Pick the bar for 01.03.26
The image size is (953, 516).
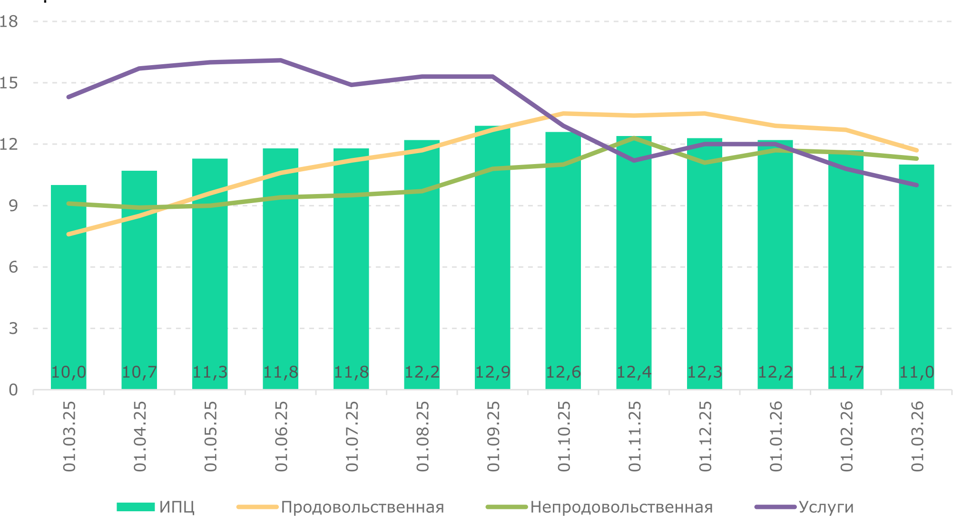click(916, 285)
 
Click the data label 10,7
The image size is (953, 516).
click(139, 372)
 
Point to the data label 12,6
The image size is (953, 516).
click(563, 372)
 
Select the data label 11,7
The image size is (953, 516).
click(846, 372)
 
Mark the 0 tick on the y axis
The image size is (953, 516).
click(13, 390)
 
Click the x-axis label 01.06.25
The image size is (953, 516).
click(281, 437)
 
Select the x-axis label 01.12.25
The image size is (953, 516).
click(705, 437)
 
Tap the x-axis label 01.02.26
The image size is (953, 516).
click(846, 437)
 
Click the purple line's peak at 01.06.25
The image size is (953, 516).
click(281, 60)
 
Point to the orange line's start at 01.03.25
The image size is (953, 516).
click(69, 234)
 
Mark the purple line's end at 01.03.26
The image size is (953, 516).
click(916, 185)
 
